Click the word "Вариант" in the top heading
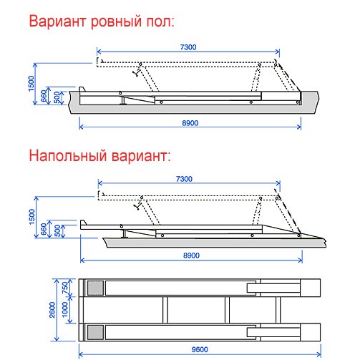[57, 21]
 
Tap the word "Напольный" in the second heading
[68, 156]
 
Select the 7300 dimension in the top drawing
[188, 47]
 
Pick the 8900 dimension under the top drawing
[190, 123]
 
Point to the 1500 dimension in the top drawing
[31, 84]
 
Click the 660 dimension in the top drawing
[44, 96]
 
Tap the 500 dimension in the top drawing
[57, 97]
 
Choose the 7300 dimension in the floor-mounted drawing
[184, 179]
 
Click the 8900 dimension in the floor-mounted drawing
[191, 256]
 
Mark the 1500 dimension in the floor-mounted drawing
[32, 217]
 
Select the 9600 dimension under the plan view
[200, 349]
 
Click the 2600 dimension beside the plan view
[52, 310]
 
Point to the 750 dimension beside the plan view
[65, 288]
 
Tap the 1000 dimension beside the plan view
[65, 309]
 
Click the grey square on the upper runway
[95, 288]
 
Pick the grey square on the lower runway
[95, 332]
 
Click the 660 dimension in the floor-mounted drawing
[44, 229]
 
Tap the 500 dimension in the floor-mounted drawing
[57, 230]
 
